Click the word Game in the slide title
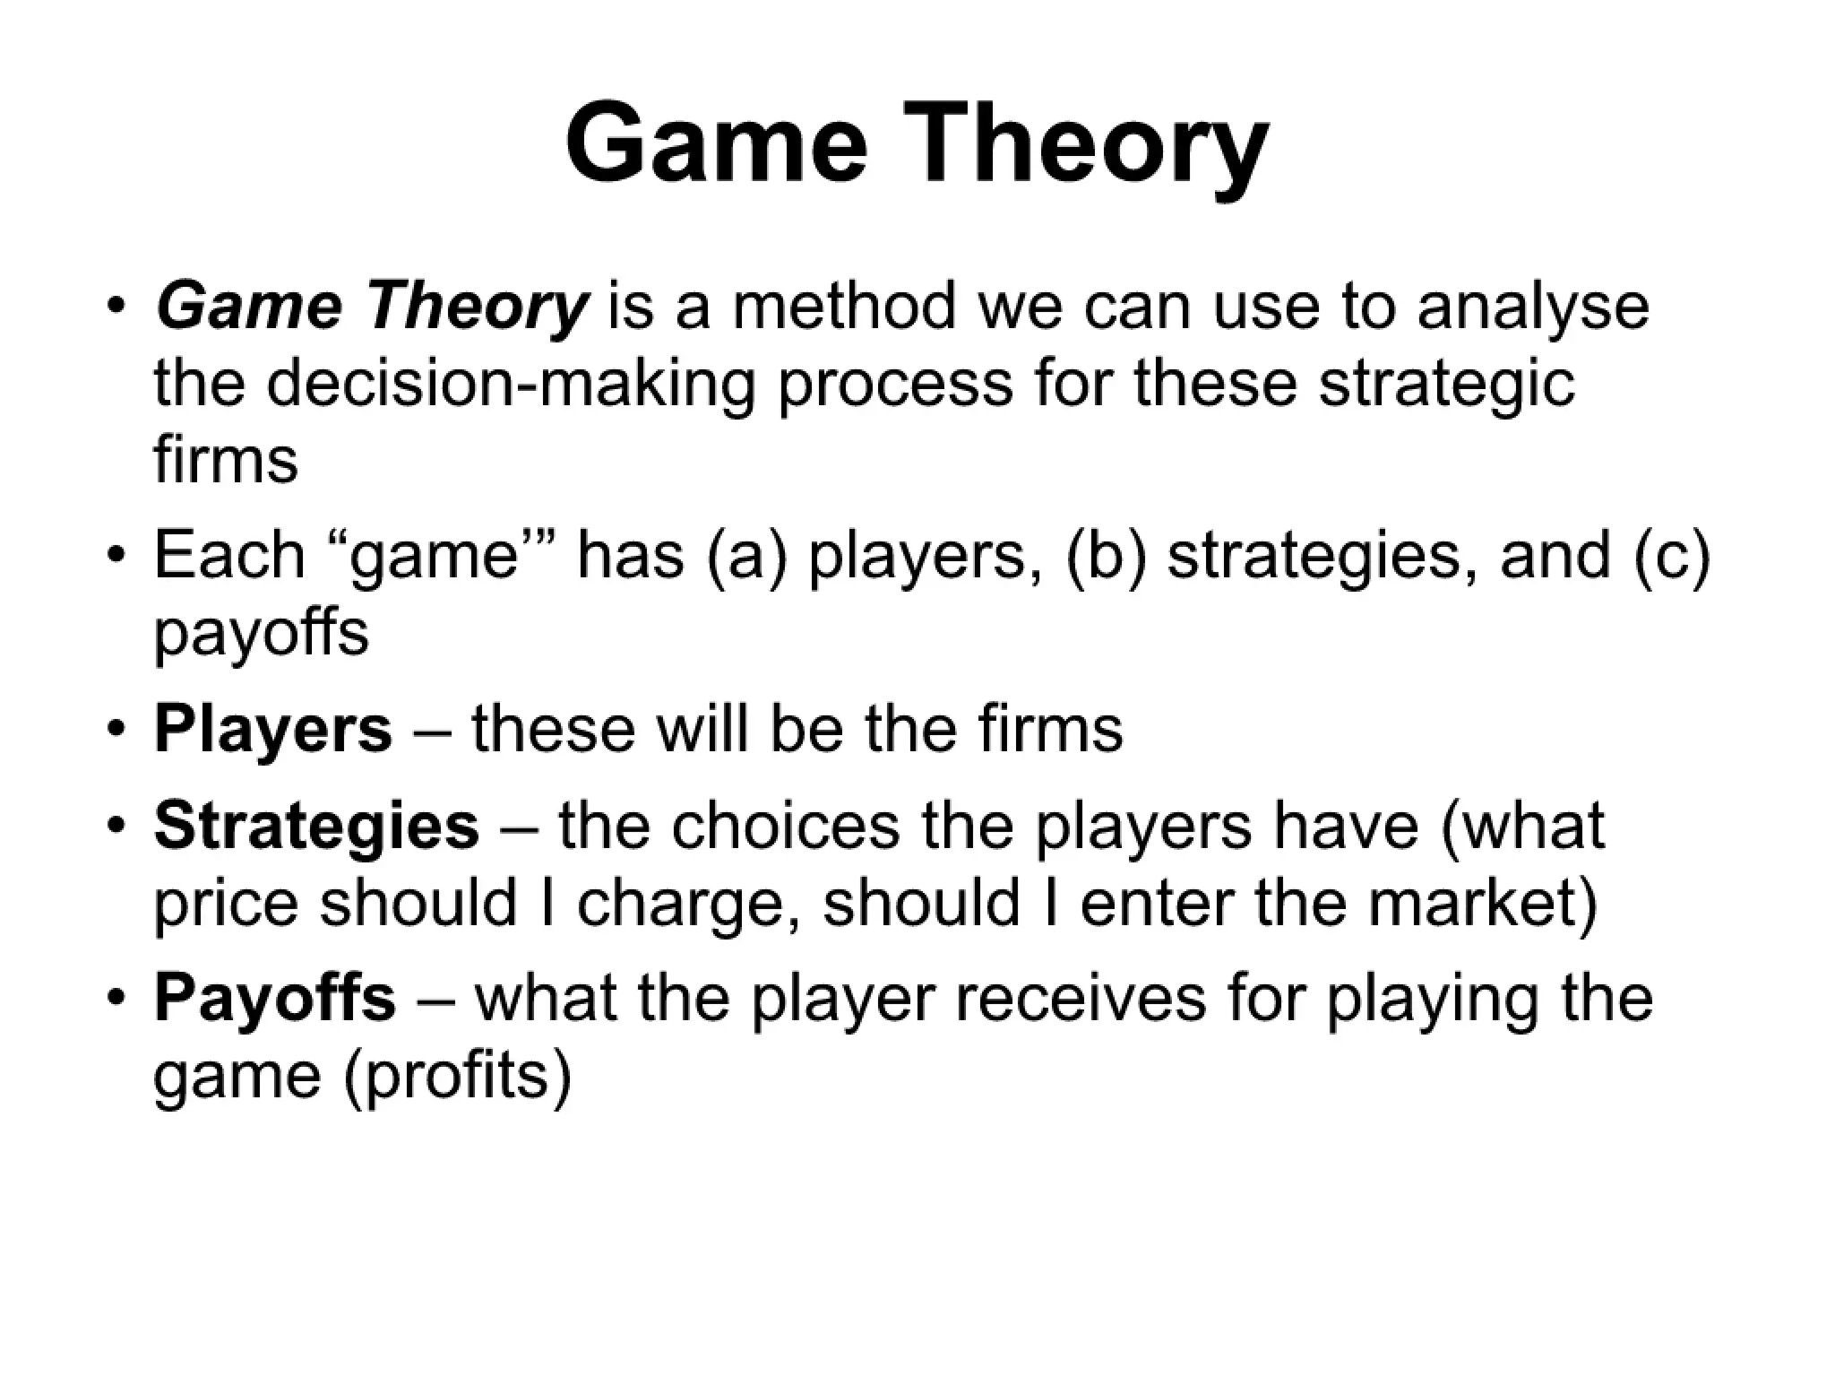pyautogui.click(x=717, y=143)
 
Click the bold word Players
pyautogui.click(x=273, y=729)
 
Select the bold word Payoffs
pyautogui.click(x=274, y=998)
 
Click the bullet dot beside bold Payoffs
pyautogui.click(x=114, y=998)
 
